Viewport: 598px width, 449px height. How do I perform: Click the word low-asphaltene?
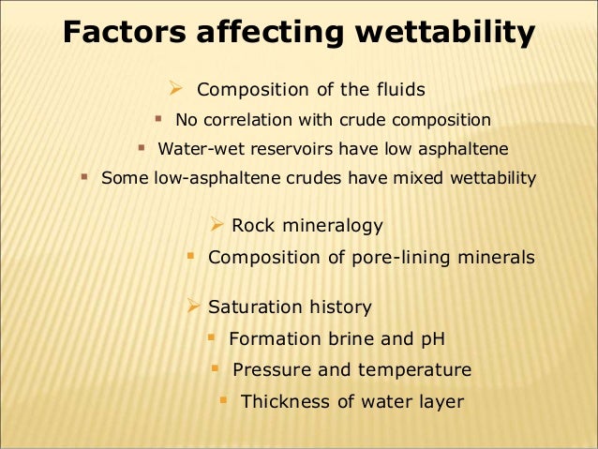[x=208, y=177]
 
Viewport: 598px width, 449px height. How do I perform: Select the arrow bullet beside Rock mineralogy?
[x=216, y=224]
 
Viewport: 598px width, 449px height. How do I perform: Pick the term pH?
[x=433, y=338]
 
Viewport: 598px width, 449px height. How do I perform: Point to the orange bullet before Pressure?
[x=215, y=368]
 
